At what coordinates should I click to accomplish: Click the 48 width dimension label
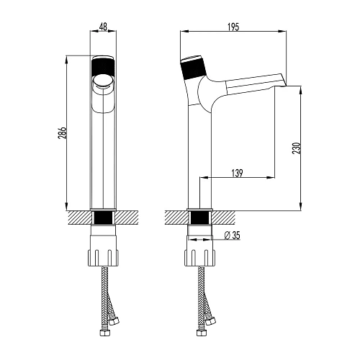click(x=103, y=27)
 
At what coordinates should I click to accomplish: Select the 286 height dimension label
click(x=62, y=133)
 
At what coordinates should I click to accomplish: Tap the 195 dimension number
click(x=233, y=27)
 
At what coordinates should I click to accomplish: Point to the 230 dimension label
click(x=297, y=148)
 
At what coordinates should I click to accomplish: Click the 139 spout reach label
click(x=237, y=173)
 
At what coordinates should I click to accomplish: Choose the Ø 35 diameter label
click(x=232, y=235)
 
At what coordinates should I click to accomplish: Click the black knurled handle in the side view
click(x=194, y=68)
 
